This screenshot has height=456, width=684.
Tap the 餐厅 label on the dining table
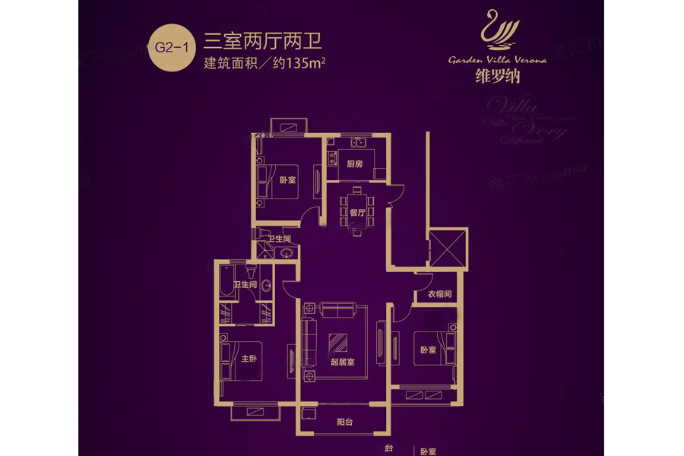click(358, 212)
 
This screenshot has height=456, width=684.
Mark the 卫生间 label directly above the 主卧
click(245, 285)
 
